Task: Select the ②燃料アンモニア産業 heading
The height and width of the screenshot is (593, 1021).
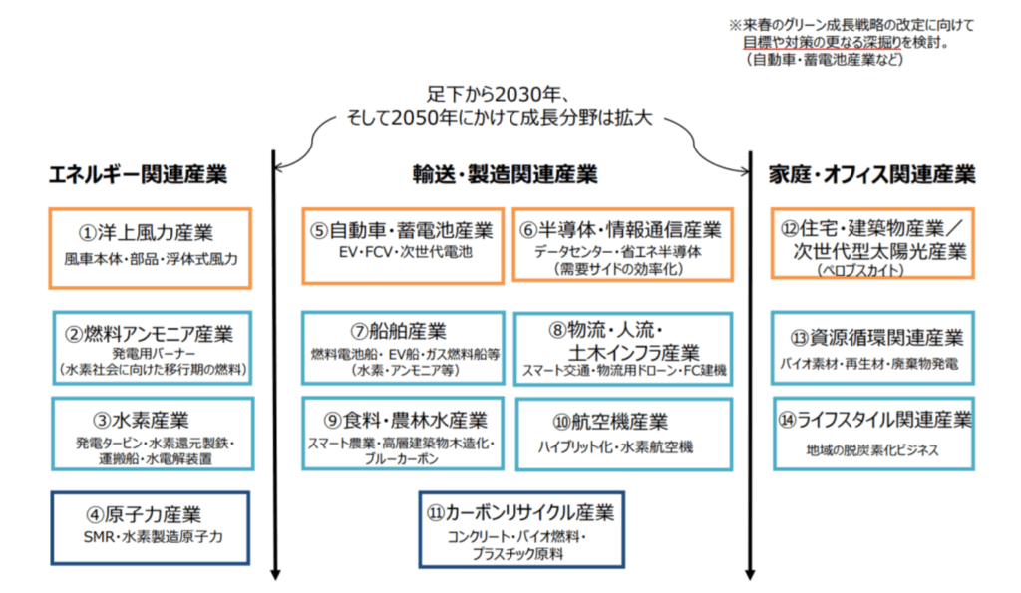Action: point(150,332)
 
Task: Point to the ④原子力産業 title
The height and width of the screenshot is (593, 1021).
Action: point(144,514)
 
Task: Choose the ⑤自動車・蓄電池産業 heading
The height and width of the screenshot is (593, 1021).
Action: point(402,230)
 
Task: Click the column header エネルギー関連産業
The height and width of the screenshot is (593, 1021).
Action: point(139,175)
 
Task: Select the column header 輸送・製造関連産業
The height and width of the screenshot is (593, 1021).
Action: point(506,175)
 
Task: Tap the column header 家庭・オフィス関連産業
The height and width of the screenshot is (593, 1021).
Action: point(871,175)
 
